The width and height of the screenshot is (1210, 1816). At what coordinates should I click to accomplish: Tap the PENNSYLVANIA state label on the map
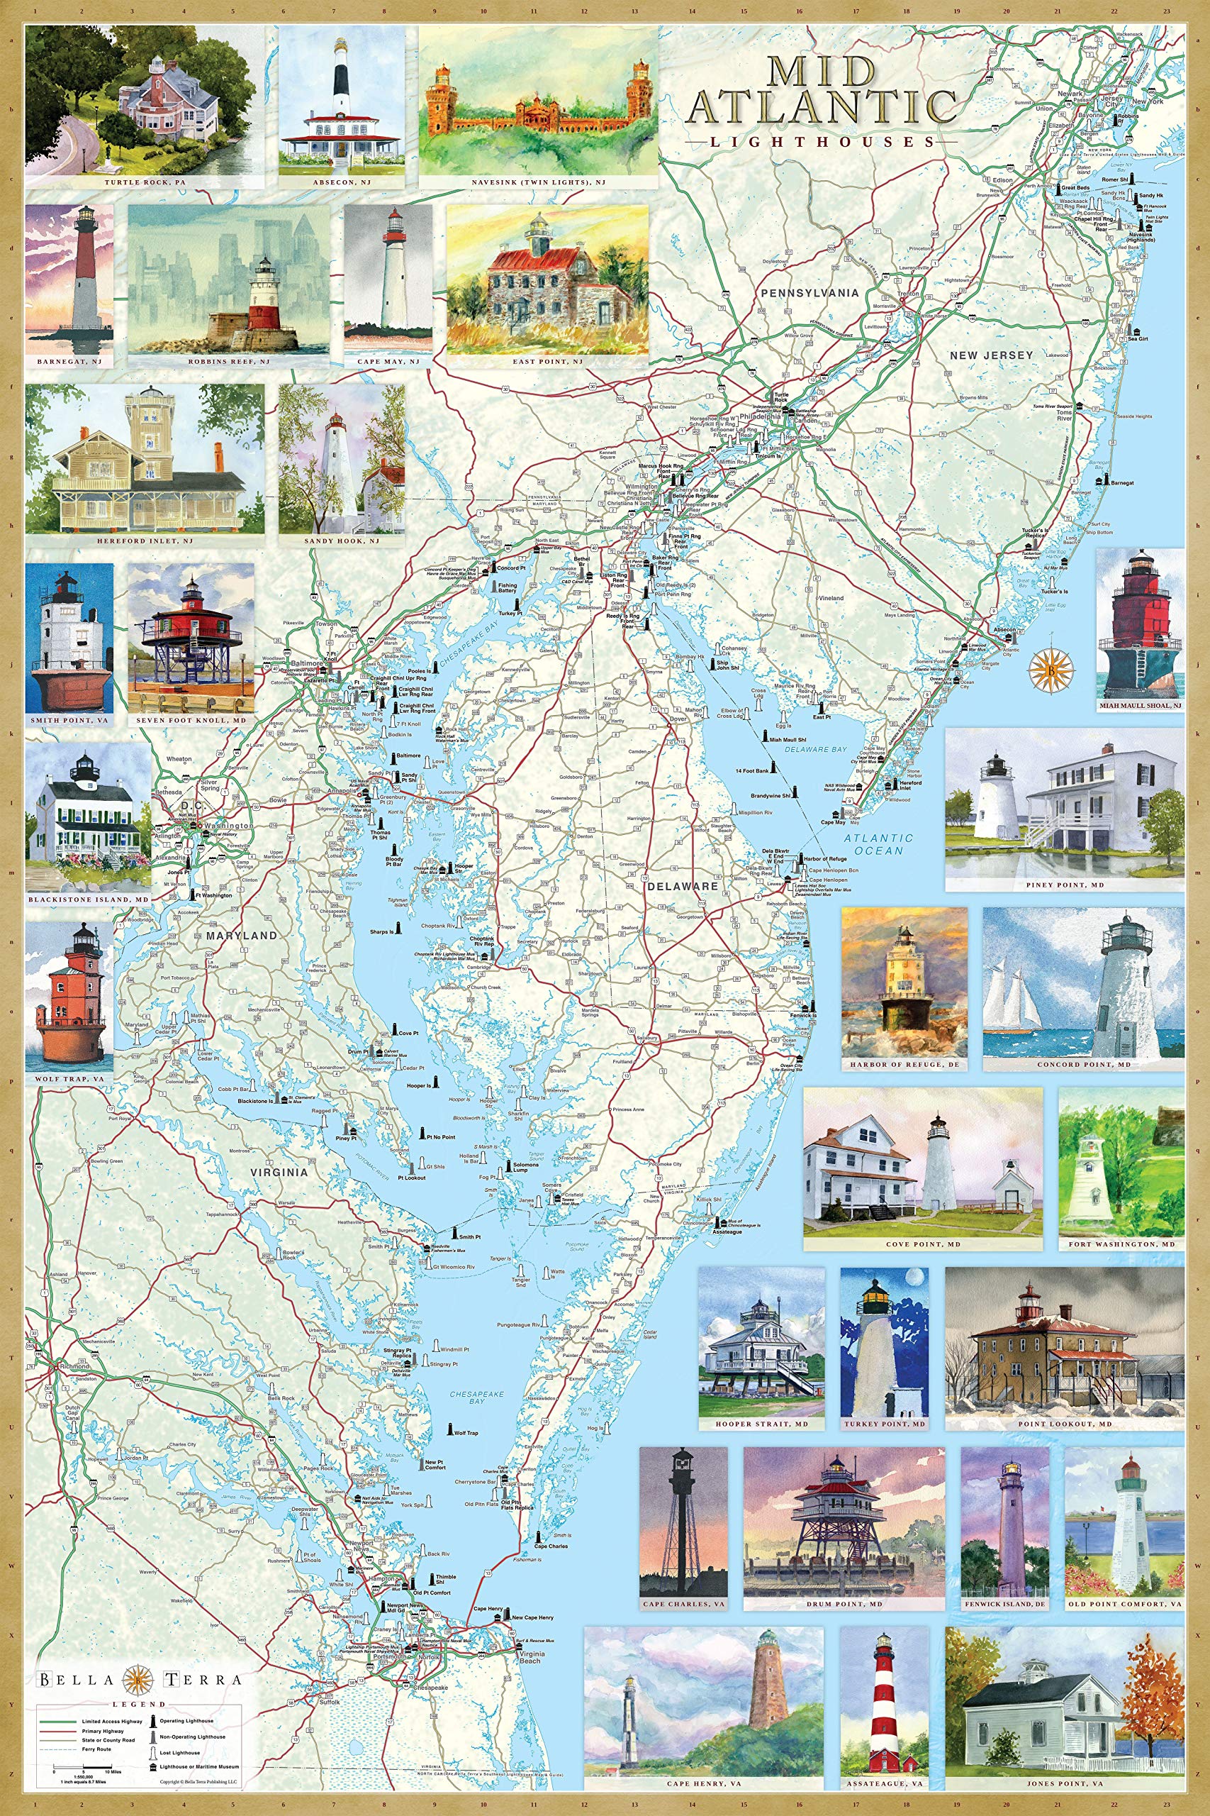810,294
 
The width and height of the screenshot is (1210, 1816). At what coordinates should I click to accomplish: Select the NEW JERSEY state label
991,355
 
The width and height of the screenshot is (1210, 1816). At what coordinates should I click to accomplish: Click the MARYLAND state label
242,935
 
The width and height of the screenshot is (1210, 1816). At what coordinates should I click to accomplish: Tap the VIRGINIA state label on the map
279,1171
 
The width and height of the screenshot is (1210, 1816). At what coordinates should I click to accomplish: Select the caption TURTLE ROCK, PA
147,182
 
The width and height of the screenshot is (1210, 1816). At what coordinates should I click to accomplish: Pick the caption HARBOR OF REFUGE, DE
904,1064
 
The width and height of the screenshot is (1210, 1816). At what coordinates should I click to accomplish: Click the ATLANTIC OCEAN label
878,843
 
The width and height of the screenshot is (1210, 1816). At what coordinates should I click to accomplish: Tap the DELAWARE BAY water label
817,749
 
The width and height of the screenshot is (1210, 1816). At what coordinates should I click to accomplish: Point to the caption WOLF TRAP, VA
69,1079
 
